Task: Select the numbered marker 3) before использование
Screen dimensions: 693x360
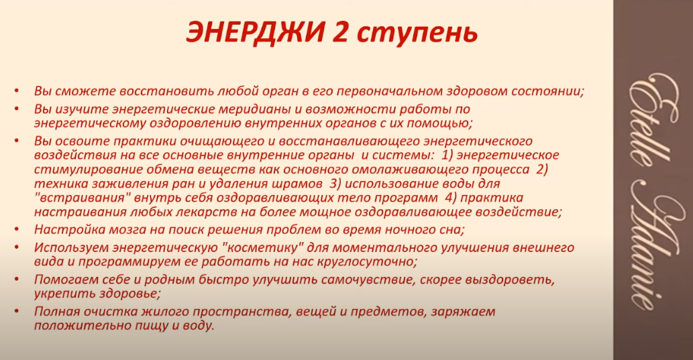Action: (x=335, y=183)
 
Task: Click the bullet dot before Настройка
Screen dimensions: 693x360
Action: (x=17, y=229)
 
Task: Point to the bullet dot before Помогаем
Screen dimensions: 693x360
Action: (x=17, y=279)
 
